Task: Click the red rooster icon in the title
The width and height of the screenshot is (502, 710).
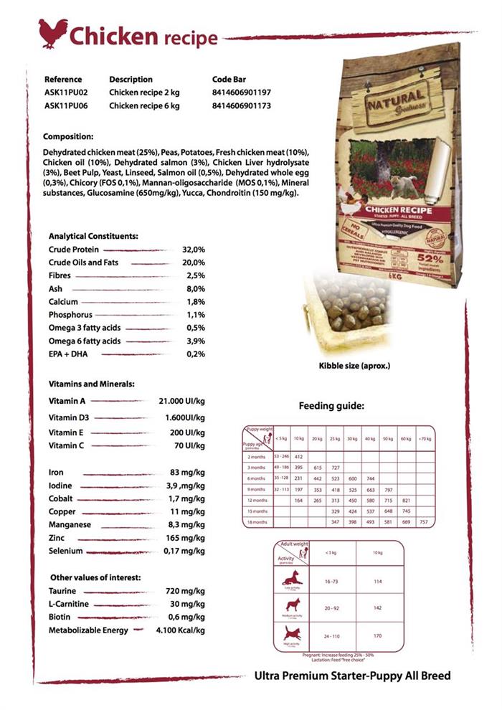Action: pos(53,33)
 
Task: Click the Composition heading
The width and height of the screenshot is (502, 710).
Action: pos(68,136)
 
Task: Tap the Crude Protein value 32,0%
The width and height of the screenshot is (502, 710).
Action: pos(194,250)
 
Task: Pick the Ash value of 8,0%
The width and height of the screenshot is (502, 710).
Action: pos(196,289)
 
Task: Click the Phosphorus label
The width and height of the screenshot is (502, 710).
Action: pos(72,315)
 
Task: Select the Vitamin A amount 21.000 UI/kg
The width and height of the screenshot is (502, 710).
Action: pos(181,401)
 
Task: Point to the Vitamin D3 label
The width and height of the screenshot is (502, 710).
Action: pos(69,418)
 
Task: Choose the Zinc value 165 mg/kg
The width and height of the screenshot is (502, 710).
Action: pos(186,538)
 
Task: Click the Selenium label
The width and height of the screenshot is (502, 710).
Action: pos(66,551)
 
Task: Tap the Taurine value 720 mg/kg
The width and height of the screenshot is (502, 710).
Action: pos(186,591)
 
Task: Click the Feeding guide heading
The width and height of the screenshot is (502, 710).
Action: pos(331,406)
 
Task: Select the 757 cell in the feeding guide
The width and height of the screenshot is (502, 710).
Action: pos(423,522)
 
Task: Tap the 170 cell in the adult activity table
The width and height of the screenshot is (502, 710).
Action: pos(378,635)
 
